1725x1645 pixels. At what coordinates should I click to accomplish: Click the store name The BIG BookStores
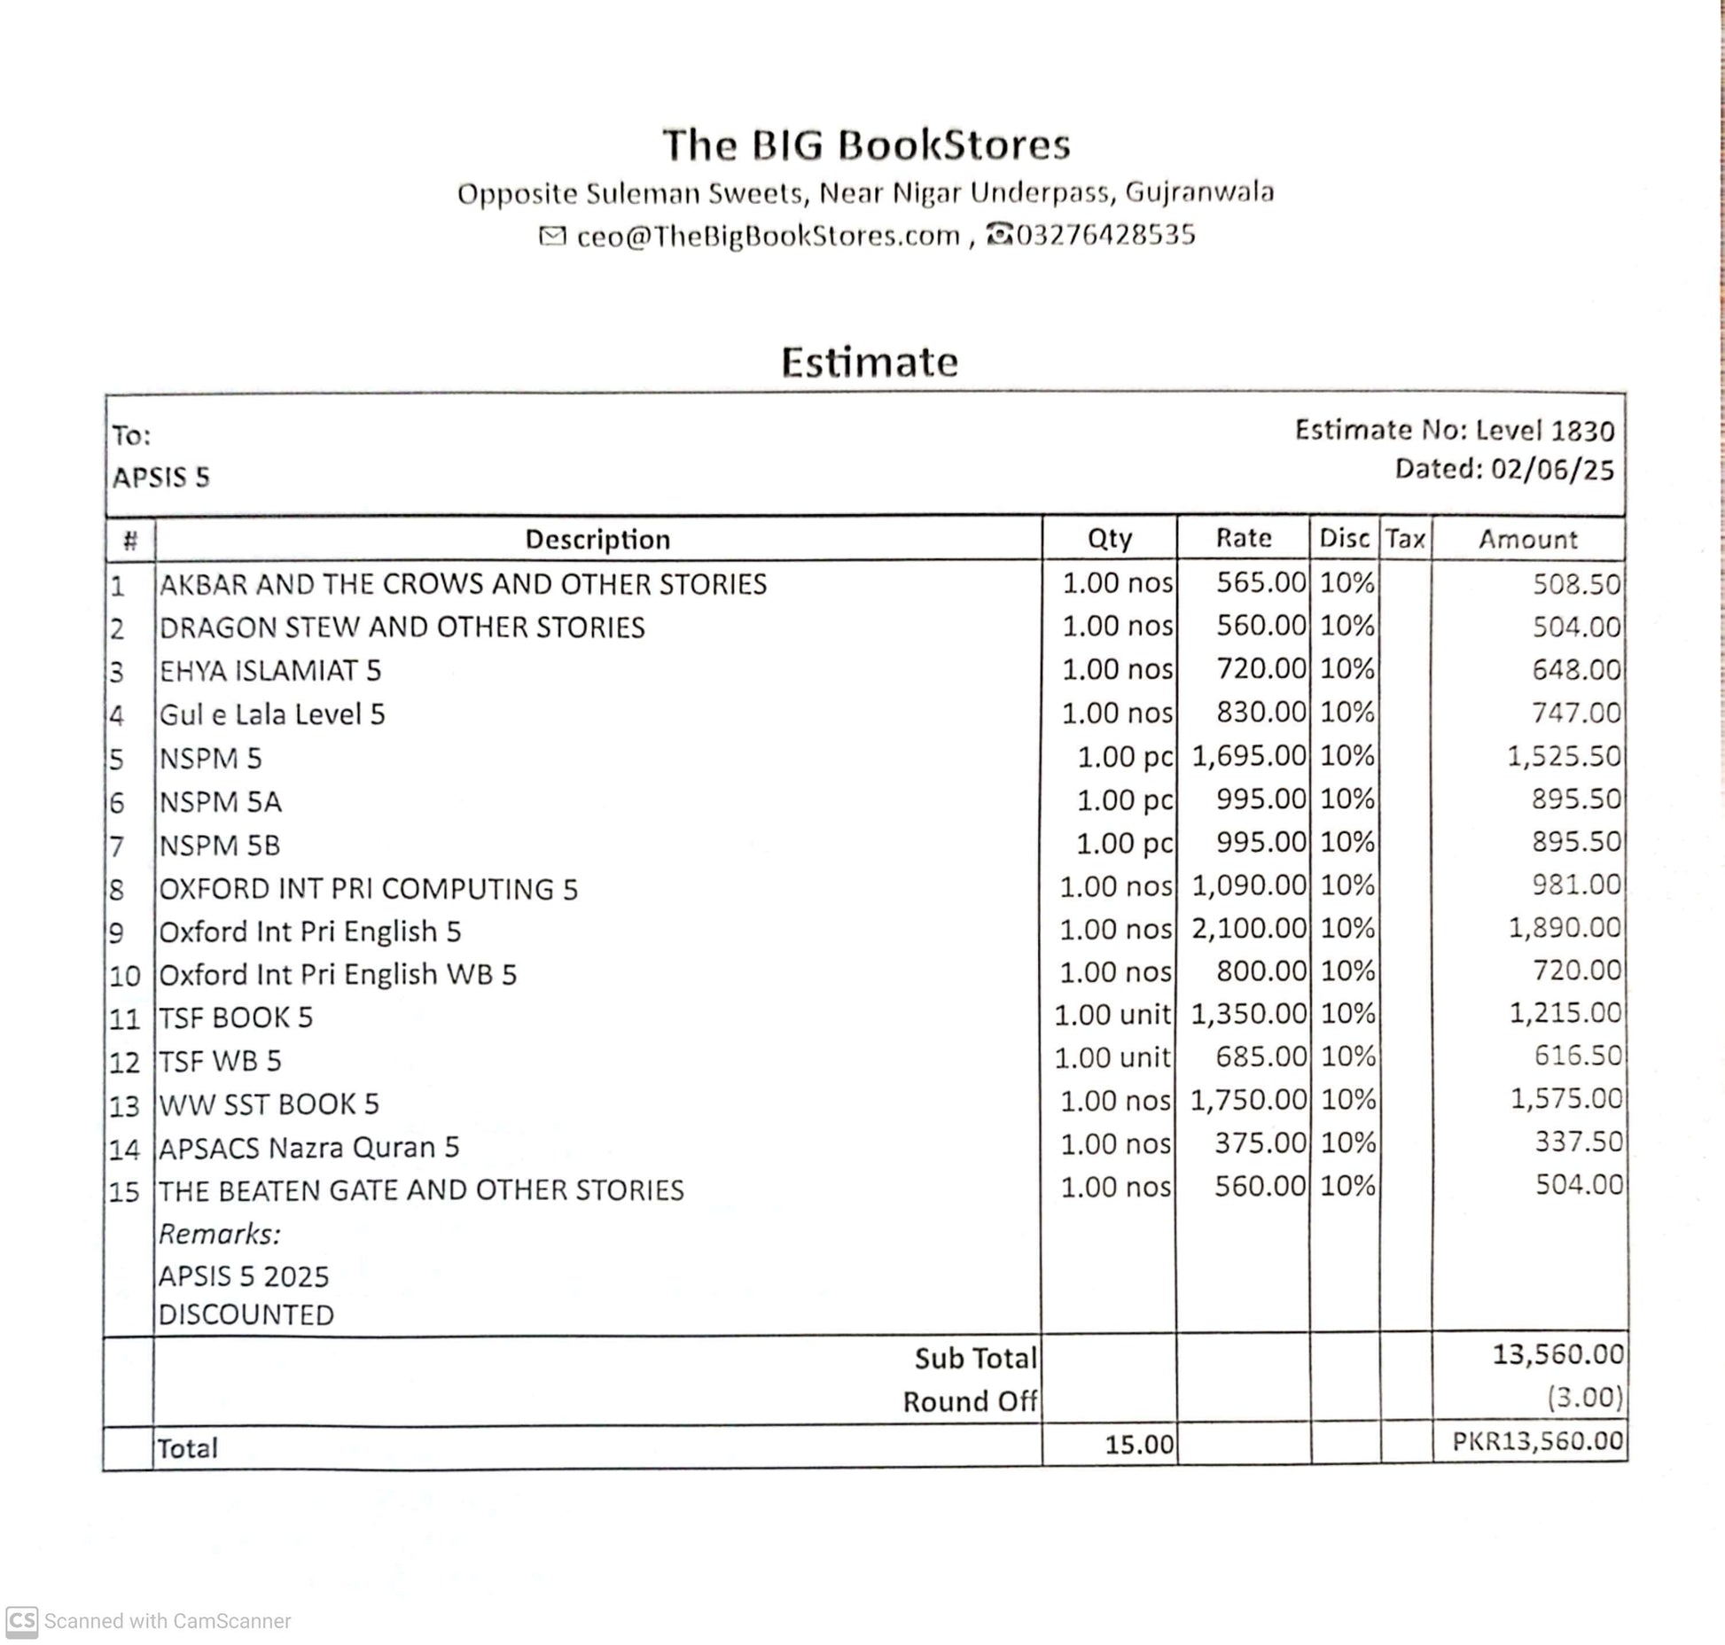tap(866, 145)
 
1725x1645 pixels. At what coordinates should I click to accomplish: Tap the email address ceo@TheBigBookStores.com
tap(768, 237)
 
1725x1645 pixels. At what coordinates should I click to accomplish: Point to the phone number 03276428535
tap(1105, 235)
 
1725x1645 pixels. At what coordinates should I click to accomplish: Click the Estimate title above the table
tap(869, 362)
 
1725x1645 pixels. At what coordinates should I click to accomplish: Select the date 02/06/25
tap(1552, 469)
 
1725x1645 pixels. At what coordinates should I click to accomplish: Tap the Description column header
tap(597, 539)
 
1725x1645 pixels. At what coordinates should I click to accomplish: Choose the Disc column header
tap(1344, 538)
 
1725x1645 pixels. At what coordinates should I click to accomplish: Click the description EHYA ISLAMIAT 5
tap(269, 671)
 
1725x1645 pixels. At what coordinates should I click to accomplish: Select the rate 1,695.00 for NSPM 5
tap(1248, 756)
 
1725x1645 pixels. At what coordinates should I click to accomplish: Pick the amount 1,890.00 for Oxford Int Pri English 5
tap(1565, 928)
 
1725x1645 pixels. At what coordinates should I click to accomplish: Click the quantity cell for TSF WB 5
tap(1112, 1057)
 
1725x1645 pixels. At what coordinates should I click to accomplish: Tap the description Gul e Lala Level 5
tap(272, 714)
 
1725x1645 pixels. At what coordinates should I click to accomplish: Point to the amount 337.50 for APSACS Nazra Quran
tap(1578, 1142)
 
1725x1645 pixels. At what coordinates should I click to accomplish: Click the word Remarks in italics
tap(219, 1234)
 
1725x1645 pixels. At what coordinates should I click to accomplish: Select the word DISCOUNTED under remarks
tap(246, 1314)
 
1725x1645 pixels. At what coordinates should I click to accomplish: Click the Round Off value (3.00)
tap(1585, 1398)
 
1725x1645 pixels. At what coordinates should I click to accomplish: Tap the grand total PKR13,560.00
tap(1536, 1442)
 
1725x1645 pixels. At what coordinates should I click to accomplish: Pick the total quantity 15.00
tap(1138, 1445)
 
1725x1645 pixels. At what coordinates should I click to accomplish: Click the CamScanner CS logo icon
tap(21, 1622)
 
